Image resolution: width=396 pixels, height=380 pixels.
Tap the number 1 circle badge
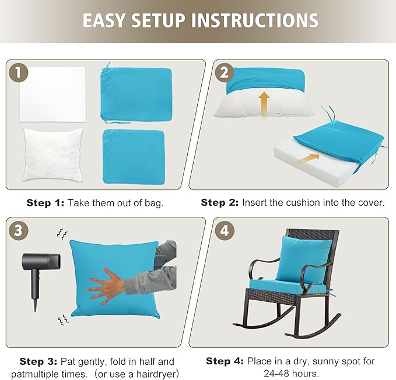point(20,73)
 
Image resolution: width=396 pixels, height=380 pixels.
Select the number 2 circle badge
point(223,73)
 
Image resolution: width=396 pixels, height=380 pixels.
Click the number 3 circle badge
point(20,231)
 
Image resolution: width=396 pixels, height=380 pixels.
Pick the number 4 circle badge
point(223,231)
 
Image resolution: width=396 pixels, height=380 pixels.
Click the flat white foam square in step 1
point(51,94)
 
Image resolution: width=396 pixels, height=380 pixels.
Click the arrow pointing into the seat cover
point(309,157)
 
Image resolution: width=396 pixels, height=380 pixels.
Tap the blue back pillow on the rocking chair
point(296,258)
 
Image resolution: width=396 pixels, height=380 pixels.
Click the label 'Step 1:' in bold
point(45,203)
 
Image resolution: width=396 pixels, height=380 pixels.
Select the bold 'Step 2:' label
point(220,203)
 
